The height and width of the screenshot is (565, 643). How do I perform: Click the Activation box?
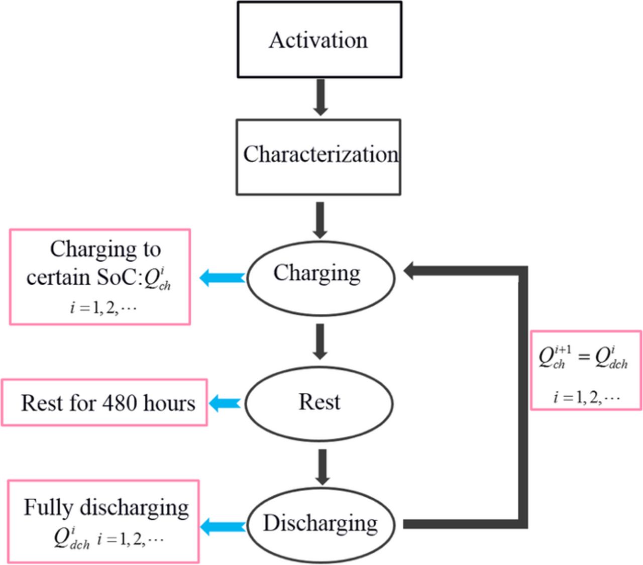tap(319, 40)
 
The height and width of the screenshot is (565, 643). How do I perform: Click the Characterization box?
tap(318, 156)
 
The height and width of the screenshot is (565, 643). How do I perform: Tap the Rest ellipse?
tap(319, 403)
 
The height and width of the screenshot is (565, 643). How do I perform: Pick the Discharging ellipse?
tap(320, 524)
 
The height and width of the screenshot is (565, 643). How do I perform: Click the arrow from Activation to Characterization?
tap(320, 97)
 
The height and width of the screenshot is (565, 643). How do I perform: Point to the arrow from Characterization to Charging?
tap(320, 219)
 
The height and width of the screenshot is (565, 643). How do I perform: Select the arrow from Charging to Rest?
tap(320, 341)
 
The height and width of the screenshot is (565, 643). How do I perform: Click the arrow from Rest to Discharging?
tap(322, 467)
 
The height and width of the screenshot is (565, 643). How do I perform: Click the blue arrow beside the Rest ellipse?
tap(225, 403)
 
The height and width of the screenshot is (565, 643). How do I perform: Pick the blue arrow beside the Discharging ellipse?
tap(222, 527)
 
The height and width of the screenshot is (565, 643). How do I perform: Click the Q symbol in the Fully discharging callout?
tap(61, 538)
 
